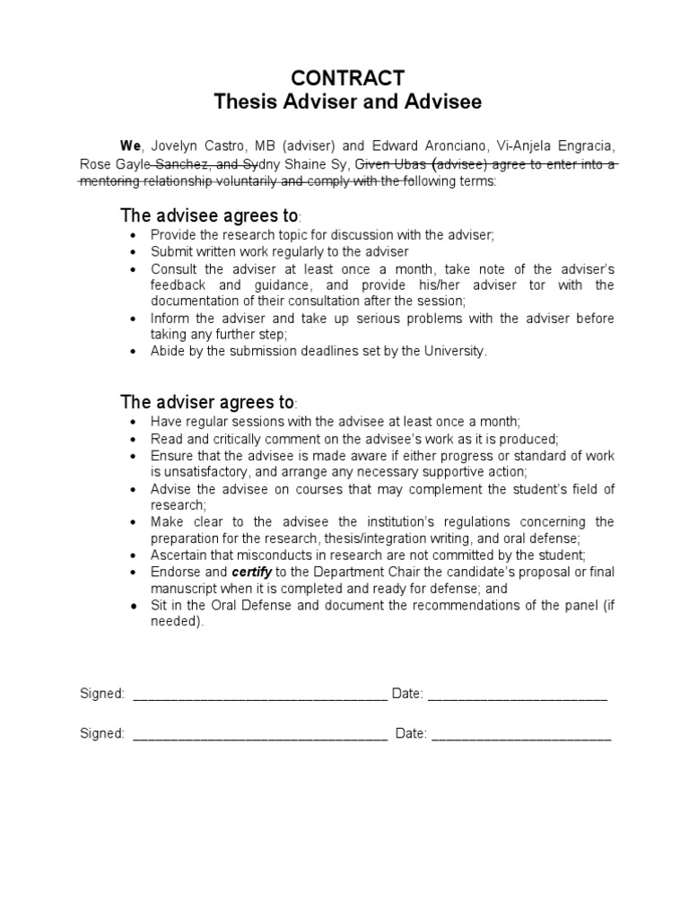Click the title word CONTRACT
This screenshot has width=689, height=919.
[348, 77]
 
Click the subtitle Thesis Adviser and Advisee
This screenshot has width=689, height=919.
[348, 101]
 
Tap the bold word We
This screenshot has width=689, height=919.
[131, 145]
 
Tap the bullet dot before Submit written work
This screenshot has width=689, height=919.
[134, 252]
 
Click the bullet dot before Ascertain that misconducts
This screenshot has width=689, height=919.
[134, 555]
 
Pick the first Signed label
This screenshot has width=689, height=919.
[101, 694]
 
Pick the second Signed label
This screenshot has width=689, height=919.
[101, 733]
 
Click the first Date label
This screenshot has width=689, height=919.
[406, 694]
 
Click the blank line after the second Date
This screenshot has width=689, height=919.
[521, 734]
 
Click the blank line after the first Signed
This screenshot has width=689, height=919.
[260, 695]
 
